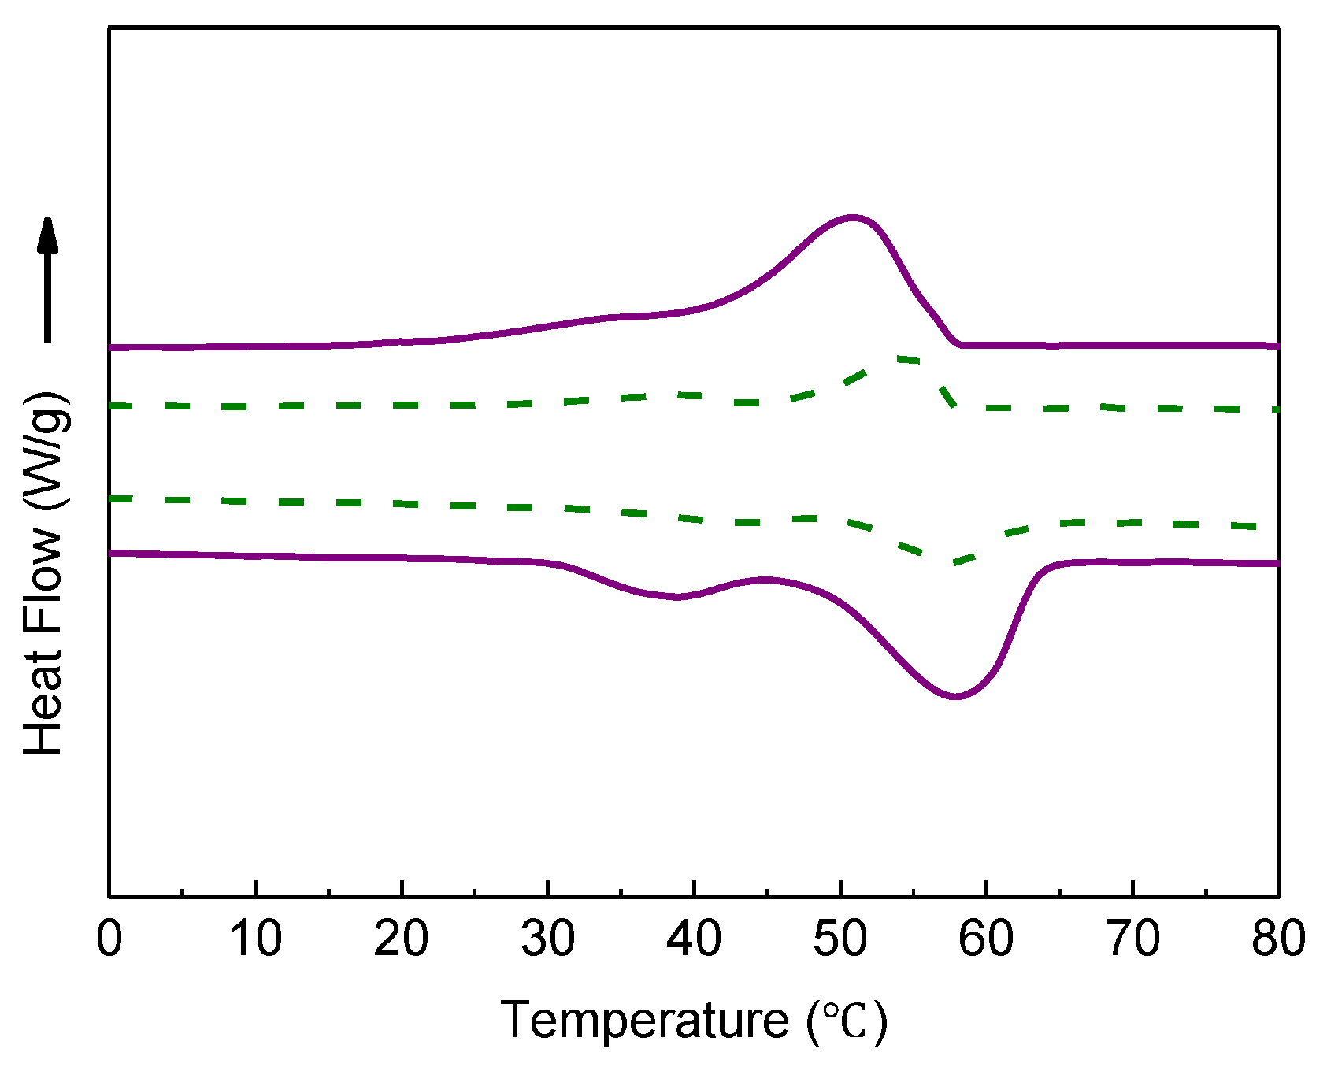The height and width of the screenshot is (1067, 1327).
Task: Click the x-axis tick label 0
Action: [109, 939]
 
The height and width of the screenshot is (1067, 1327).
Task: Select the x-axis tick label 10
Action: [255, 939]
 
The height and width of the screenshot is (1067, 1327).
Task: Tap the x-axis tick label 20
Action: [402, 939]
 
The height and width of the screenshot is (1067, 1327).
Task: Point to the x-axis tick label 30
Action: [548, 939]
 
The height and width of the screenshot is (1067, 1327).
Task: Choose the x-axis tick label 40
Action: [694, 939]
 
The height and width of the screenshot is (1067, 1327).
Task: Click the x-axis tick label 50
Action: [840, 939]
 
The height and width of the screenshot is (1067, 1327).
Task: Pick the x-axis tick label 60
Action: [986, 939]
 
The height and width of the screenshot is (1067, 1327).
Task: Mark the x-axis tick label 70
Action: [1132, 939]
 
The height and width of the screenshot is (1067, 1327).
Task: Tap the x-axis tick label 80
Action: [1278, 939]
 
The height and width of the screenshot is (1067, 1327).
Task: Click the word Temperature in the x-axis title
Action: [644, 1021]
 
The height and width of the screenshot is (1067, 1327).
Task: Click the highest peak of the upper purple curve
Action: [852, 217]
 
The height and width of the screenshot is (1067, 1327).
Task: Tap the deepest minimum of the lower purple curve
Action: [955, 696]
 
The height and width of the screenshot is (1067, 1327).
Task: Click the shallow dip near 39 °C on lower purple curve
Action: [677, 597]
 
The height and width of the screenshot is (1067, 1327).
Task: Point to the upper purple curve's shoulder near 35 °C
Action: [614, 317]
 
